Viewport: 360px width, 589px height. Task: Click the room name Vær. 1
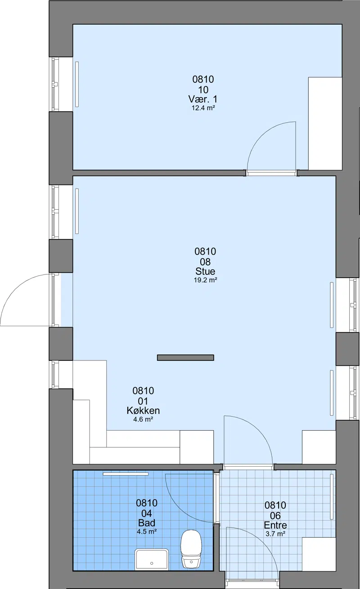pos(203,99)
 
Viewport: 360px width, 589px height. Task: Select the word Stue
pos(205,271)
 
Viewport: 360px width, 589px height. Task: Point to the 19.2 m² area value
pos(205,280)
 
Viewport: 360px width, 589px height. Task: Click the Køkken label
pos(143,410)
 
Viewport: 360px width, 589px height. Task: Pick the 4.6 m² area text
pos(143,419)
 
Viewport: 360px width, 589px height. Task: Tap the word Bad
pos(146,523)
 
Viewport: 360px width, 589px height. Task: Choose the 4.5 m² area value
pos(146,531)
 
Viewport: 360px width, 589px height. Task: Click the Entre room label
pos(275,525)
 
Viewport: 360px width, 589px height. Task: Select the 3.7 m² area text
pos(275,534)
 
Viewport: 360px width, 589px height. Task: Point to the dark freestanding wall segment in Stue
pos(185,358)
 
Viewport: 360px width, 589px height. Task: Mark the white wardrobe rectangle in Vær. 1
pos(325,123)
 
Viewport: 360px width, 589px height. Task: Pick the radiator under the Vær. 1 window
pos(77,84)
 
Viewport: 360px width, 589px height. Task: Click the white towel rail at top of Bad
pos(126,474)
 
